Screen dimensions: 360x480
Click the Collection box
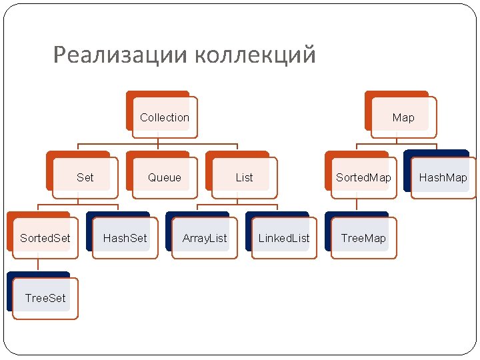coord(165,118)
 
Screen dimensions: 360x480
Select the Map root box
coord(403,118)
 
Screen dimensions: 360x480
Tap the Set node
coord(85,178)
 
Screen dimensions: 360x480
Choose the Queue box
coord(165,178)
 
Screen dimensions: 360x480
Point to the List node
coord(244,178)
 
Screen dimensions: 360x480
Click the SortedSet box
coord(45,238)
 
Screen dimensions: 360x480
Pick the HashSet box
coord(125,238)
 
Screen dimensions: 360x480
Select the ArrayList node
coord(205,238)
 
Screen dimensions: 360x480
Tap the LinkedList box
coord(284,238)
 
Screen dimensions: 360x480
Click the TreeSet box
coord(45,298)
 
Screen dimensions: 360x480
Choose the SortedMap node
coord(363,178)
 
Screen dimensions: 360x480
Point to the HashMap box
coord(443,178)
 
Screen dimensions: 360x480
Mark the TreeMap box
coord(363,238)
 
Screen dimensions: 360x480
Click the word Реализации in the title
coord(121,55)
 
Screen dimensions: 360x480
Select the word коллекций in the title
coord(256,55)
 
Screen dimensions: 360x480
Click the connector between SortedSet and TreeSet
coord(38,265)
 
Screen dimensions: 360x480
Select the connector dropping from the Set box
coord(78,200)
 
